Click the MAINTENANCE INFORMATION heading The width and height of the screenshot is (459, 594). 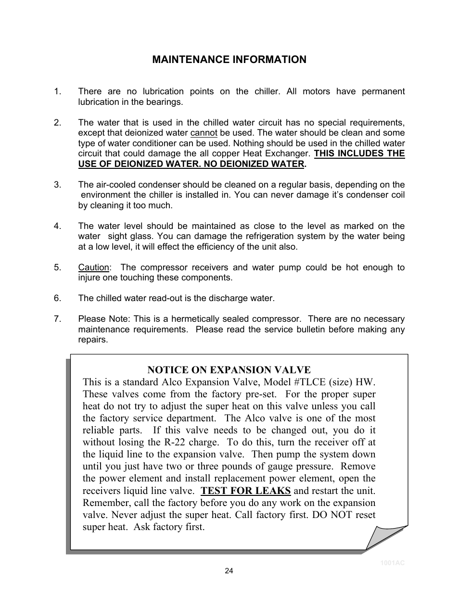[x=229, y=60]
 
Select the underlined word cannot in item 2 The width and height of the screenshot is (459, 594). [x=204, y=133]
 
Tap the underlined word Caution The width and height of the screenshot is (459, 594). [x=94, y=267]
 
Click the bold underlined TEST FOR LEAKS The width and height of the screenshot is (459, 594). [x=245, y=491]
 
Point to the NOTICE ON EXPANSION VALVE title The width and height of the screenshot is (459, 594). [x=229, y=370]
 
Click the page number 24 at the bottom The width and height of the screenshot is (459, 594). [x=229, y=571]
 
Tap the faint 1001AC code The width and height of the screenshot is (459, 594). [x=393, y=563]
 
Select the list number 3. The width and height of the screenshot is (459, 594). [x=58, y=185]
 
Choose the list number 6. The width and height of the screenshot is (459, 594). [x=58, y=298]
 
